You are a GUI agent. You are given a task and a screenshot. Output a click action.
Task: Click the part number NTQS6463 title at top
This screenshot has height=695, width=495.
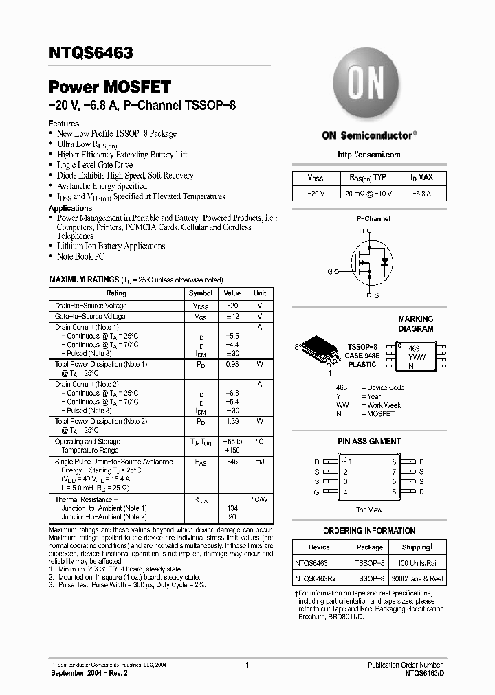[91, 52]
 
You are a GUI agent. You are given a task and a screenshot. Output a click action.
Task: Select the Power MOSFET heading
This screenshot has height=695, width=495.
[109, 87]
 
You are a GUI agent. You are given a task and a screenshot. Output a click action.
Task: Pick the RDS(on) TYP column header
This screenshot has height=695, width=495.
[368, 178]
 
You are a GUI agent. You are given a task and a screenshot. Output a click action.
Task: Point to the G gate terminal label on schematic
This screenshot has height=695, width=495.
[330, 272]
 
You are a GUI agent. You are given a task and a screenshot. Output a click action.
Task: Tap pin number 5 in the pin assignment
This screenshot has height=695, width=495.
[394, 492]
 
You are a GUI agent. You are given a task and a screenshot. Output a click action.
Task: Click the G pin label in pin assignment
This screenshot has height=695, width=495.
[317, 492]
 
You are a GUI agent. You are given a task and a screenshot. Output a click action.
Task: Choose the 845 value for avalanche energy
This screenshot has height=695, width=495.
[232, 462]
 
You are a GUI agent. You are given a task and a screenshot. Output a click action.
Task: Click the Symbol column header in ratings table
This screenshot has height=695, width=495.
[201, 293]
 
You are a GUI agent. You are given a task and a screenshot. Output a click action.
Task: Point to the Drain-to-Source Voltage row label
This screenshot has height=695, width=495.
[91, 306]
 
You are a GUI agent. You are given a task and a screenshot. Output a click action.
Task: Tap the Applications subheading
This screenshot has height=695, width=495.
[70, 208]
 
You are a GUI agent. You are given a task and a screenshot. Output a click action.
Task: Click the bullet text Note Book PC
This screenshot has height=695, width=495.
[81, 256]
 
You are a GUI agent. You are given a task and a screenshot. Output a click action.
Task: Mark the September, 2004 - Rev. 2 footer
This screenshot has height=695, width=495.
[89, 674]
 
